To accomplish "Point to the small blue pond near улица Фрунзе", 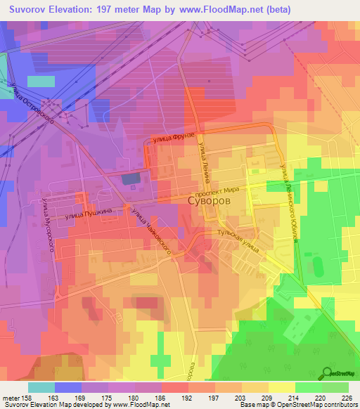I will click(x=131, y=179).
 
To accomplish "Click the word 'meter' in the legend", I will click(x=11, y=397).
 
